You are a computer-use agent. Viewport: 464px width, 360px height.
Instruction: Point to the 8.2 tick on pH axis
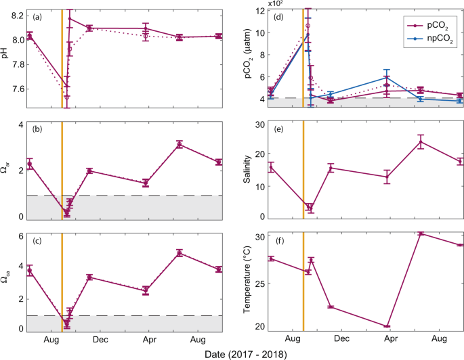(15, 15)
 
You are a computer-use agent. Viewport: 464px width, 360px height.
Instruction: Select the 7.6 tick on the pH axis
(15, 89)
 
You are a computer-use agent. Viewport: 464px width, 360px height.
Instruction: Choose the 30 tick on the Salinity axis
(258, 124)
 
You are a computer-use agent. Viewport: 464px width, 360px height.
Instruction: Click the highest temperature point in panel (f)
(420, 233)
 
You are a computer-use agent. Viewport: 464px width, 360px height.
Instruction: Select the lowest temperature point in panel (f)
(387, 326)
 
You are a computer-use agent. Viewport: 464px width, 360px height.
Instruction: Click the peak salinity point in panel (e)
(420, 141)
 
